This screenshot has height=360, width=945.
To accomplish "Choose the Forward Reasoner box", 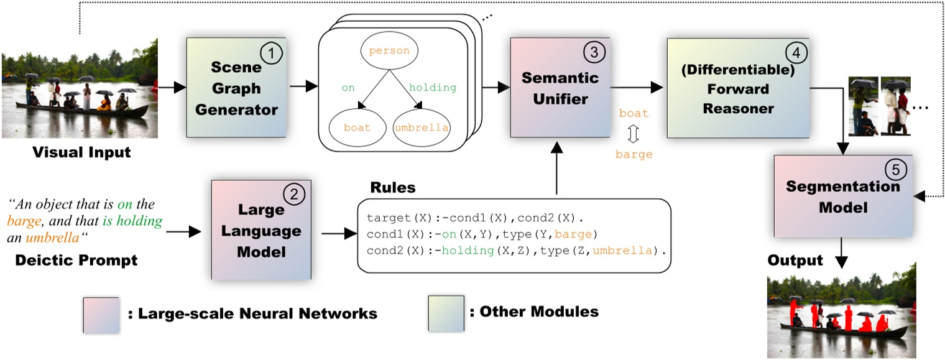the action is [x=739, y=87].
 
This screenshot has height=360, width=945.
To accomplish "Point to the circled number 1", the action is [x=269, y=54].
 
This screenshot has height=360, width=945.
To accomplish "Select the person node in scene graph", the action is [x=389, y=51].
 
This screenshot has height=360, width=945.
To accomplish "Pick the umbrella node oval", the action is [x=421, y=127].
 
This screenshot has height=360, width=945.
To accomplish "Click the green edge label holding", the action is [x=433, y=88].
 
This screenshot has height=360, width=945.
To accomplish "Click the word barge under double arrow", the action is [x=634, y=154].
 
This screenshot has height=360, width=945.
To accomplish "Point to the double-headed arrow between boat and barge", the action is [x=634, y=134].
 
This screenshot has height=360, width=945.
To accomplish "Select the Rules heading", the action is [x=392, y=188].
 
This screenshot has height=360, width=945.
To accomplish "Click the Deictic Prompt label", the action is [x=76, y=259].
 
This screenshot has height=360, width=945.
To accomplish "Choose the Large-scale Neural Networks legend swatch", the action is [x=101, y=313].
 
